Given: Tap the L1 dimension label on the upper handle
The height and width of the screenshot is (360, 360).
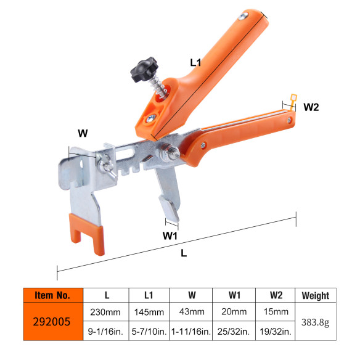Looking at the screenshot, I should click(197, 62).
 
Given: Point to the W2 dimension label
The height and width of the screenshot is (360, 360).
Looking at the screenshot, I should click(311, 107).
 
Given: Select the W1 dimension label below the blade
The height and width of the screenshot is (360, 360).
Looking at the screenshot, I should click(170, 235).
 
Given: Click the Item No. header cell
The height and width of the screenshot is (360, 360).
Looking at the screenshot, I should click(52, 295).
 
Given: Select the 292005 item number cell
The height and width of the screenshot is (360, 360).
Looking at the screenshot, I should click(52, 321).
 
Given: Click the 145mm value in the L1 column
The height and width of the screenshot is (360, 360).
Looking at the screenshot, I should click(148, 312).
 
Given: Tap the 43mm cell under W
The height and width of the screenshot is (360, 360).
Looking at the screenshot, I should click(190, 312).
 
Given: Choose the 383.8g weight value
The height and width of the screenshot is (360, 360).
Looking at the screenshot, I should click(316, 321).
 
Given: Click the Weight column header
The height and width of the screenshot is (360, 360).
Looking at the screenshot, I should click(316, 295).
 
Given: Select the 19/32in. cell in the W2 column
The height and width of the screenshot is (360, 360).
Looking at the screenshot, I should click(274, 331).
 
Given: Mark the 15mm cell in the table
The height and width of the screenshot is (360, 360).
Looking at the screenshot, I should click(274, 312).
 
